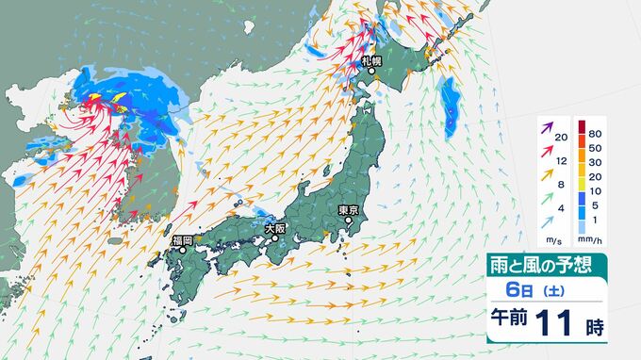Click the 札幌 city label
[371, 61]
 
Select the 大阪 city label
[274, 227]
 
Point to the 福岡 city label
[182, 240]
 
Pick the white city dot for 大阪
[275, 237]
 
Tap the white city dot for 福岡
[183, 251]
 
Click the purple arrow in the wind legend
[547, 127]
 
